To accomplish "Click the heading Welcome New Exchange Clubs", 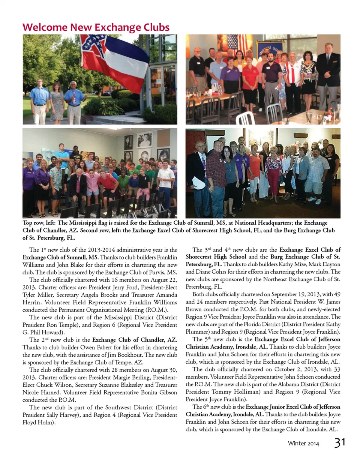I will [96, 27].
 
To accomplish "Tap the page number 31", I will [340, 442].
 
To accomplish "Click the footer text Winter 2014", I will [303, 444].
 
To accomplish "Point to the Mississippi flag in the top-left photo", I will [114, 60].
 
